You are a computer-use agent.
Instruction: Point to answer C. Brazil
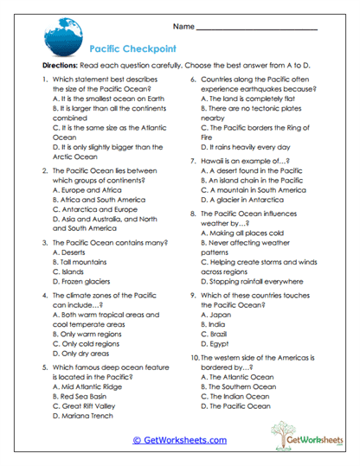click(221, 333)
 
